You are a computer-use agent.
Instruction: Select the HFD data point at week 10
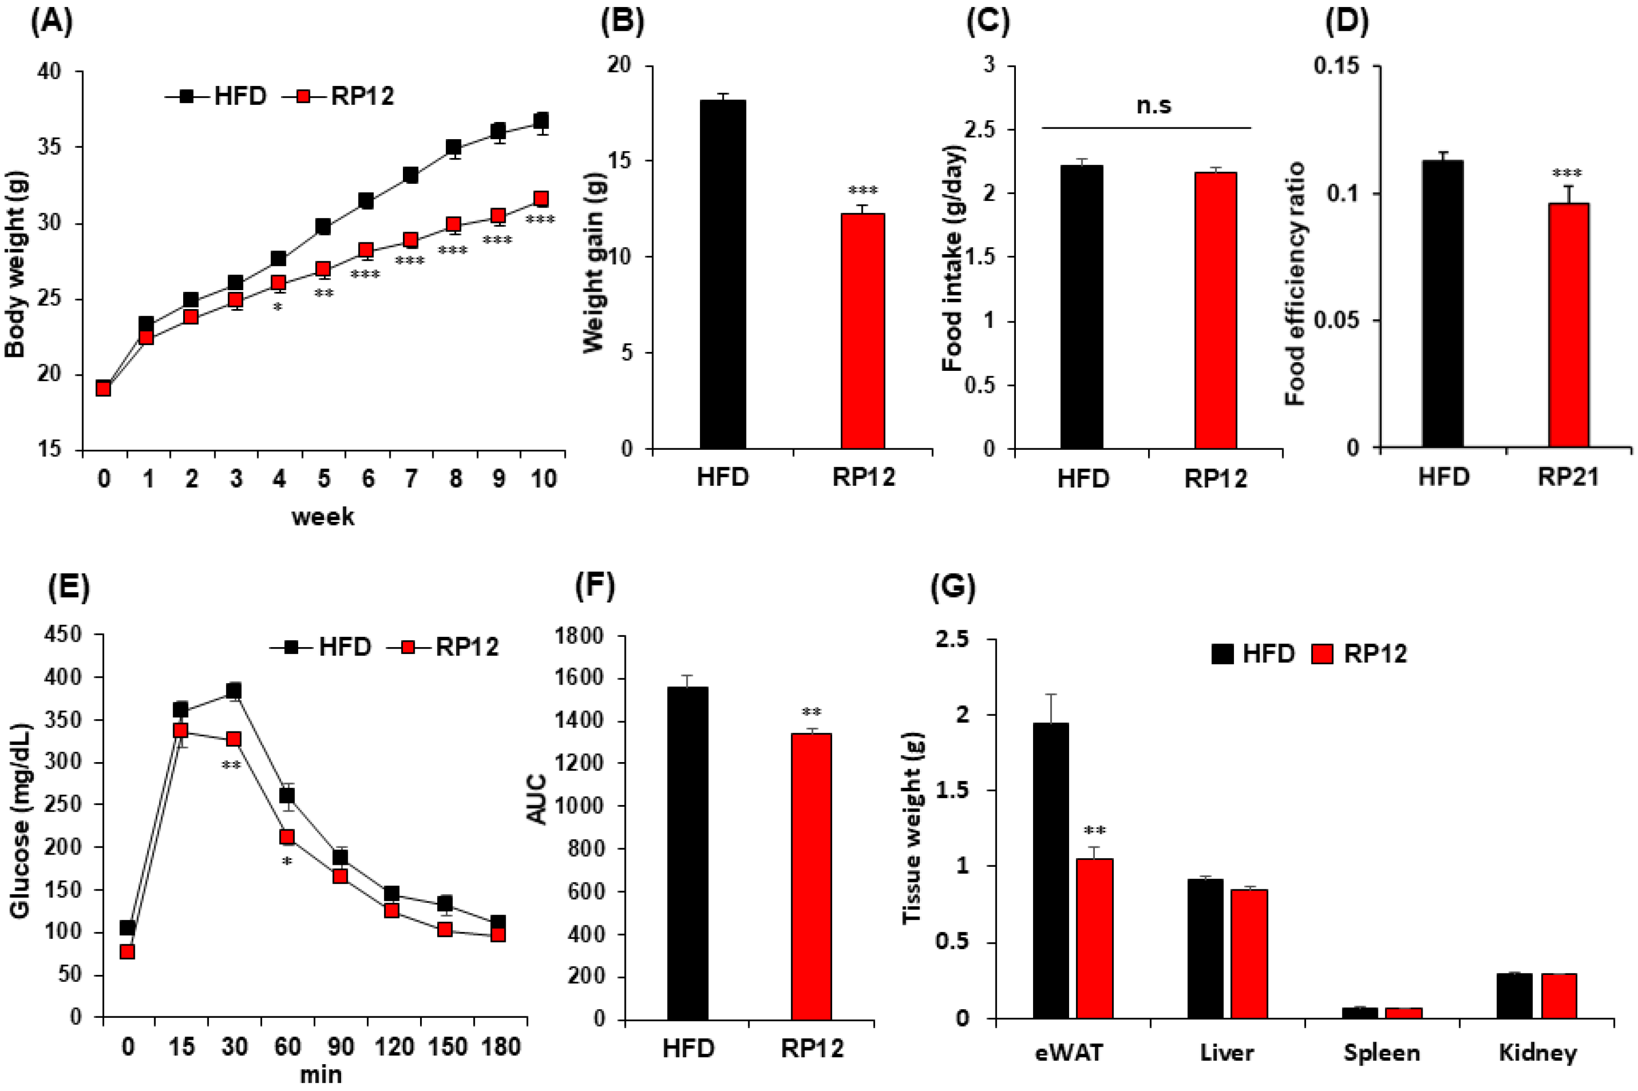[x=540, y=120]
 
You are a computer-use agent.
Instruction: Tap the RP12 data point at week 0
[x=104, y=388]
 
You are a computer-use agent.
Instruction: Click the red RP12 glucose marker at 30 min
[x=234, y=739]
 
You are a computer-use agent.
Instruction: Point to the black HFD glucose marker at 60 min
[x=286, y=795]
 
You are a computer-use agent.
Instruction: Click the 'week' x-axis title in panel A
[x=323, y=517]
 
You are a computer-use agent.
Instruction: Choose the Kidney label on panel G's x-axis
[x=1538, y=1053]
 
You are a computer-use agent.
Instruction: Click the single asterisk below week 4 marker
[x=278, y=307]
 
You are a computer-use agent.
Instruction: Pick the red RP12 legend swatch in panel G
[x=1322, y=654]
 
